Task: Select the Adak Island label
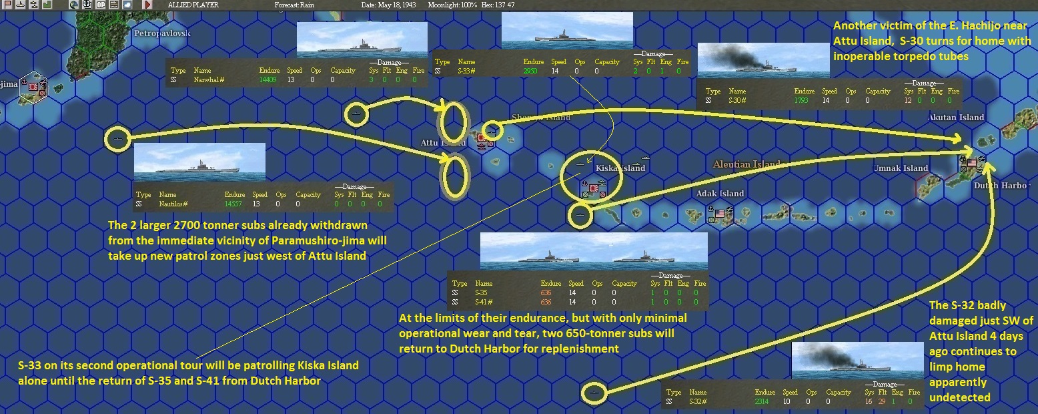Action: (720, 194)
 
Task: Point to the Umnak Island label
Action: (901, 168)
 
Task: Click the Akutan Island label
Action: (956, 118)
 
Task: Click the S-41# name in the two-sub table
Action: (482, 302)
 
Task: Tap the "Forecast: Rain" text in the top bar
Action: (294, 5)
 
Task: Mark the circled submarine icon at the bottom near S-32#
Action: (593, 392)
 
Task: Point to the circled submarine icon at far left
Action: (117, 139)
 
